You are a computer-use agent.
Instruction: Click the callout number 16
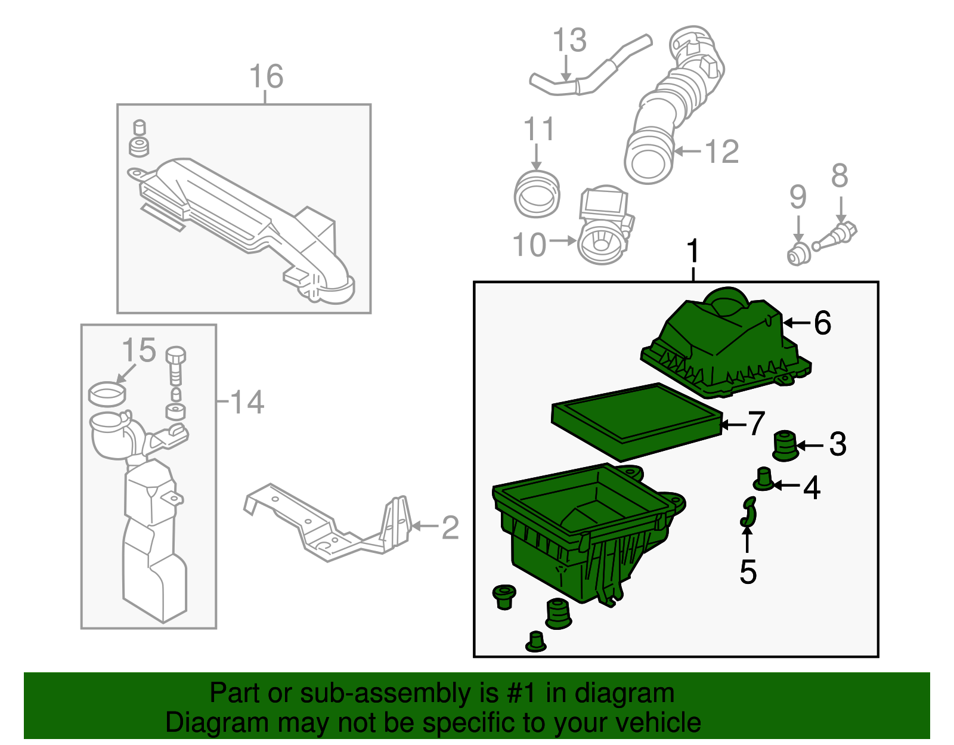point(266,77)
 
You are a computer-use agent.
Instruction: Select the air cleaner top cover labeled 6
point(724,349)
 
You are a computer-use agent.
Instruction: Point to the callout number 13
point(569,41)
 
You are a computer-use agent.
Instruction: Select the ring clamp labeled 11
point(537,194)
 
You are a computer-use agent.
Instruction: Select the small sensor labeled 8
point(838,235)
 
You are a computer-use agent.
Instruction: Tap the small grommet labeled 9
point(797,255)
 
